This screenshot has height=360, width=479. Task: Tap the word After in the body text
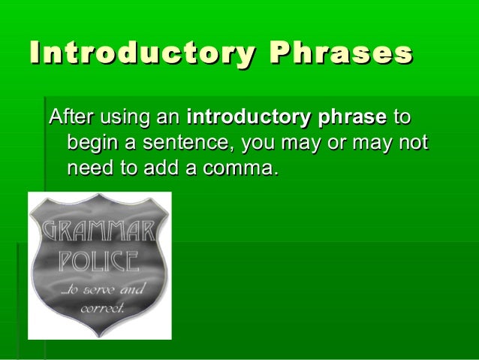pos(67,117)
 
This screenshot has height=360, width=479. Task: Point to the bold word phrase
pos(353,117)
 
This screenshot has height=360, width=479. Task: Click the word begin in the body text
pos(89,143)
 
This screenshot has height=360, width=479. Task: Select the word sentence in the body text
pos(188,143)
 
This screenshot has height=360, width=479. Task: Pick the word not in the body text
pos(413,143)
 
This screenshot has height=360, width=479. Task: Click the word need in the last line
pos(88,167)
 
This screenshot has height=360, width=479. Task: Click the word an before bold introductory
pos(167,117)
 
